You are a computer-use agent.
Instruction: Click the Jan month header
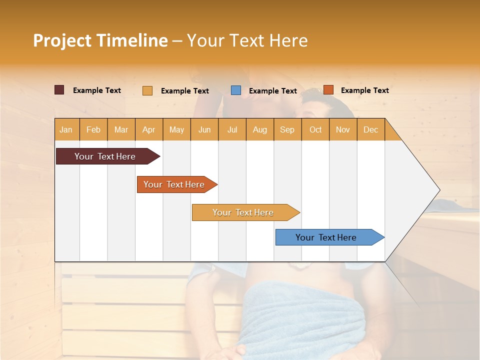tap(66, 129)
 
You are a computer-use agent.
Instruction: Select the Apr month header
tap(148, 129)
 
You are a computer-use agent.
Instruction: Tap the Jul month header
tap(232, 129)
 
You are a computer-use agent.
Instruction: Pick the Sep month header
tap(287, 129)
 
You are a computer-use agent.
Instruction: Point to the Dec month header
tap(370, 129)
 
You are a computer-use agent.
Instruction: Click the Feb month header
tap(93, 129)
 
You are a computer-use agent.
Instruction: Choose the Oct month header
tap(315, 129)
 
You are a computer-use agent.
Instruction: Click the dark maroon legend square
tap(59, 90)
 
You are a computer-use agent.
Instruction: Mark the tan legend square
tap(147, 90)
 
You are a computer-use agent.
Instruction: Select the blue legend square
tap(236, 90)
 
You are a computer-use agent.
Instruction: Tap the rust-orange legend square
tap(328, 90)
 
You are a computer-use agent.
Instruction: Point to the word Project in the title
tap(62, 40)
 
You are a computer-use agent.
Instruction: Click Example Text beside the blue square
tap(272, 91)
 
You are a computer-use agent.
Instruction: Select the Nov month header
tap(342, 129)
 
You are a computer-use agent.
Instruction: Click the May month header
tap(176, 129)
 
